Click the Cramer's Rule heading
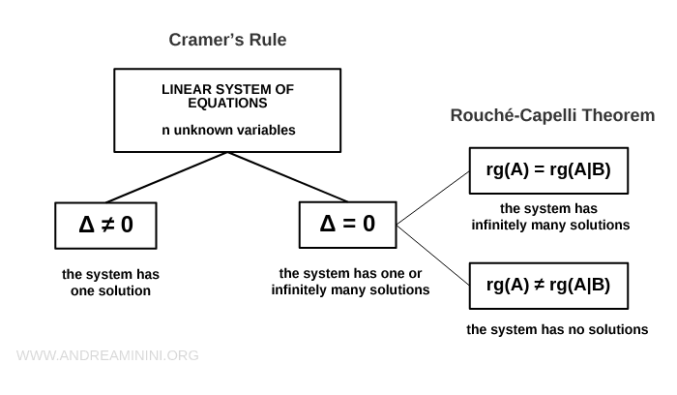pyautogui.click(x=227, y=40)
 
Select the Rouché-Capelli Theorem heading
pyautogui.click(x=552, y=115)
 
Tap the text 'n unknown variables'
pyautogui.click(x=227, y=129)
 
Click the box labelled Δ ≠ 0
pyautogui.click(x=105, y=226)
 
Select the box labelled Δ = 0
pyautogui.click(x=347, y=226)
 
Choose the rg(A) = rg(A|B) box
pyautogui.click(x=547, y=171)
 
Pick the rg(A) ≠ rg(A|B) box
pyautogui.click(x=547, y=285)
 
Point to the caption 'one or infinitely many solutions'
pyautogui.click(x=350, y=281)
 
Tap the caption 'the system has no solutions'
pyautogui.click(x=557, y=329)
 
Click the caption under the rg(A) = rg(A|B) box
pyautogui.click(x=550, y=217)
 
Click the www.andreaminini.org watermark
pyautogui.click(x=107, y=355)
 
